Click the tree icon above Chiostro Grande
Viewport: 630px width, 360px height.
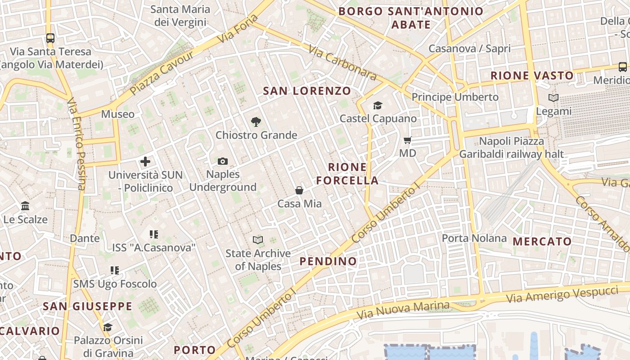256,121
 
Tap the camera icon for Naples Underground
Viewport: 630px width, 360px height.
222,161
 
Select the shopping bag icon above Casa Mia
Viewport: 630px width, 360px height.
299,190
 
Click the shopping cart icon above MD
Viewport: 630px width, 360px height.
408,140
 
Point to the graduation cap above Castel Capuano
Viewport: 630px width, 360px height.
378,105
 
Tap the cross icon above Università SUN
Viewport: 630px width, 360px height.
145,161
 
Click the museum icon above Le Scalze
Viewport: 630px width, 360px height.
25,206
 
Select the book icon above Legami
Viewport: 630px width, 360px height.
553,98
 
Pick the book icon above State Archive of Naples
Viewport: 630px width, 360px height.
258,240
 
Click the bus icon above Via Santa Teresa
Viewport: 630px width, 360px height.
50,38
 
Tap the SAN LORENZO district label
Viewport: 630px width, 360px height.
307,91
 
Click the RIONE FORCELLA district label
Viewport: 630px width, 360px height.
347,174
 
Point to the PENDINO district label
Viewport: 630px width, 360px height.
328,261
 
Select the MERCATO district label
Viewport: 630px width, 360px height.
542,241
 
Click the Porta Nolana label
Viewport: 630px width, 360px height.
474,238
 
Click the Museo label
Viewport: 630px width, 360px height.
117,114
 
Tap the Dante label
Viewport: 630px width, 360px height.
85,238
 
